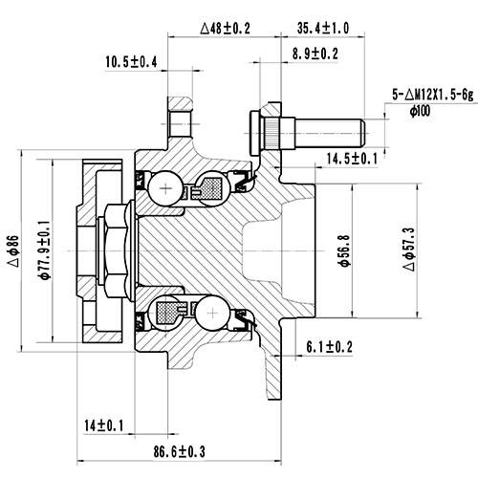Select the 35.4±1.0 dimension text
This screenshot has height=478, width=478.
[x=324, y=28]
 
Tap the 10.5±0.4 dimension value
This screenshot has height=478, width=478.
[x=132, y=63]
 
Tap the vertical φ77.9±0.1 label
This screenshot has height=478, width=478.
[x=43, y=248]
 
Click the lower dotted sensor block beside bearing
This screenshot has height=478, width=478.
[x=168, y=311]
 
